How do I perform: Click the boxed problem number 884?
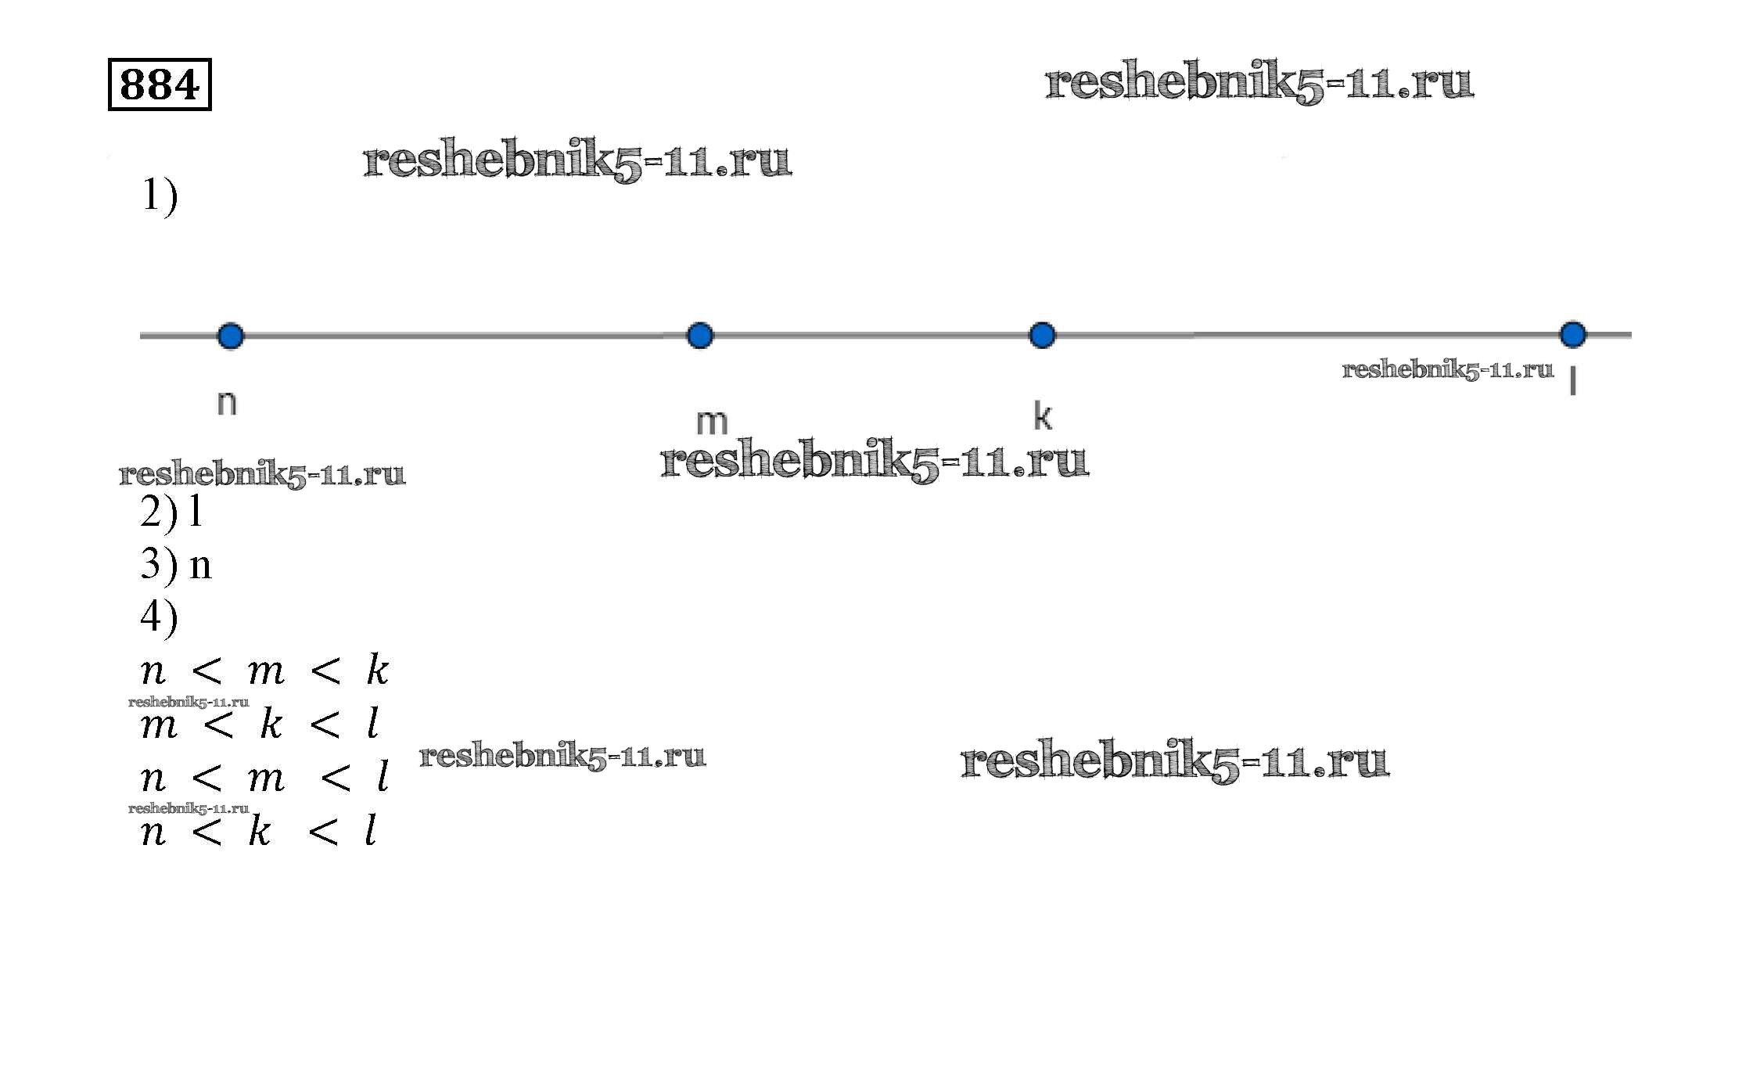pos(160,85)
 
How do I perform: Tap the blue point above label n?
pos(230,336)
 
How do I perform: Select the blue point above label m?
pos(699,336)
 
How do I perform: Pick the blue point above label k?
pos(1041,336)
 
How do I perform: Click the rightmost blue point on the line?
pos(1572,335)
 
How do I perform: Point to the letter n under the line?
pos(226,403)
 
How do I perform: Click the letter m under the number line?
pos(711,423)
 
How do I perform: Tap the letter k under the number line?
pos(1042,415)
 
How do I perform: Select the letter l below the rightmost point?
pos(1572,382)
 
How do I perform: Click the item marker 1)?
pos(160,196)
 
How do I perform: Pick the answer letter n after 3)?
pos(201,566)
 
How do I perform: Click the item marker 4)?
pos(160,617)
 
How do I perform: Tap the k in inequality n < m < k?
pos(377,671)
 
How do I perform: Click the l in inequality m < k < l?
pos(374,724)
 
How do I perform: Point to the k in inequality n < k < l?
pos(259,831)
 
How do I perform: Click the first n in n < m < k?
pos(153,672)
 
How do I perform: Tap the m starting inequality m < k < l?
pos(159,725)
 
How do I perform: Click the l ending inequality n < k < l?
pos(371,830)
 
